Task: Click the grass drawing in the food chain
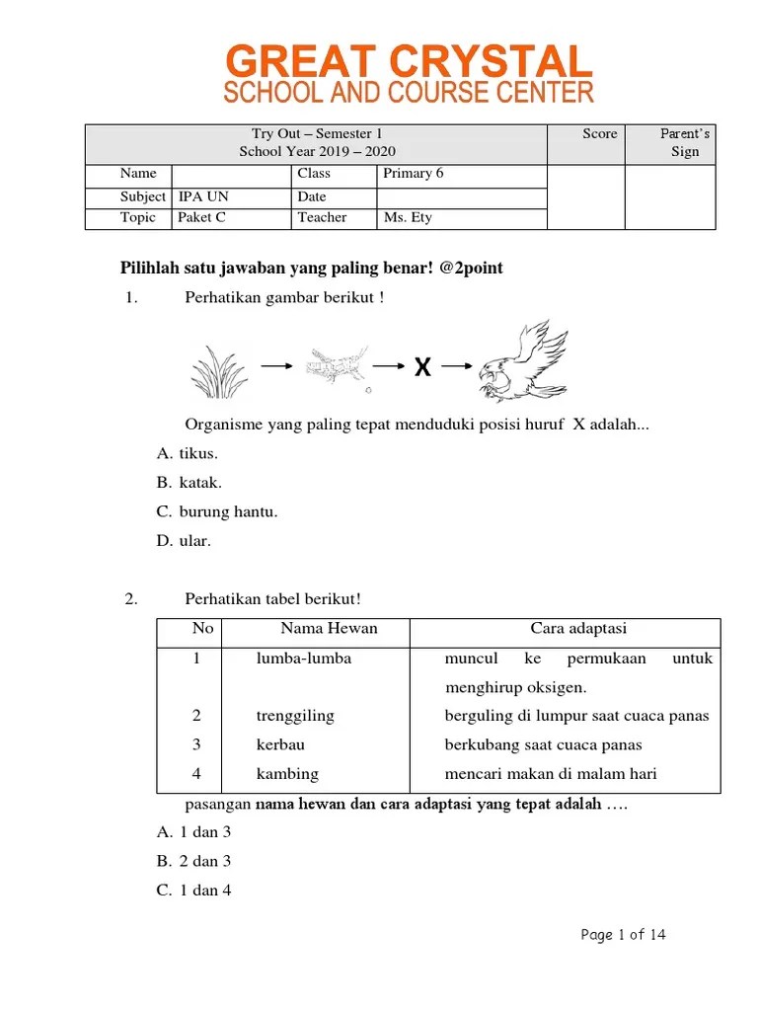click(218, 371)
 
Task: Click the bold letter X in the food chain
click(422, 368)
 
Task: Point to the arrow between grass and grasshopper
click(275, 366)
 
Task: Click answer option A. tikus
click(188, 453)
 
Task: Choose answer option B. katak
click(189, 483)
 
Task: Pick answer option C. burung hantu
click(217, 511)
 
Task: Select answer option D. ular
click(185, 540)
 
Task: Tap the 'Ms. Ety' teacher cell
click(408, 217)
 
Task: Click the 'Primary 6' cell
click(414, 173)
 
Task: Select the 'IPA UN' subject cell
click(203, 196)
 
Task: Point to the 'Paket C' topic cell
click(201, 217)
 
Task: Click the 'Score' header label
click(599, 134)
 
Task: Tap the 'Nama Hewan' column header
click(329, 629)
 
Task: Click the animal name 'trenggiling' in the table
click(295, 716)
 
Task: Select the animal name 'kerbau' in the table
click(281, 744)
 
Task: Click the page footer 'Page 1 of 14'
click(623, 934)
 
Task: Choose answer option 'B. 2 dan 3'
click(194, 861)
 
